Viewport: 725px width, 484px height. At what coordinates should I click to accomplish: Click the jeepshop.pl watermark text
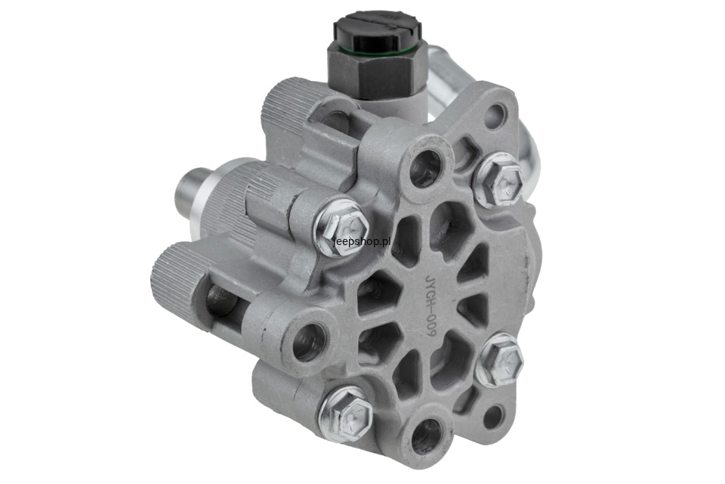pyautogui.click(x=362, y=241)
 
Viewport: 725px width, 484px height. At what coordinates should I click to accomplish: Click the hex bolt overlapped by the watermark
pyautogui.click(x=341, y=228)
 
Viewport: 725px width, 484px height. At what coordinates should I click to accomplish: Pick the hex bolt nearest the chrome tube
pyautogui.click(x=498, y=180)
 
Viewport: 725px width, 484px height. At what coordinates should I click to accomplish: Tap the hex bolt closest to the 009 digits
pyautogui.click(x=499, y=360)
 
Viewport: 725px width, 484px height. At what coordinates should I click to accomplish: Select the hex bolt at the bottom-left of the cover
pyautogui.click(x=346, y=414)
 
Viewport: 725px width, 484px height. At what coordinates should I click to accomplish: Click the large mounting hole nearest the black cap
pyautogui.click(x=425, y=168)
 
